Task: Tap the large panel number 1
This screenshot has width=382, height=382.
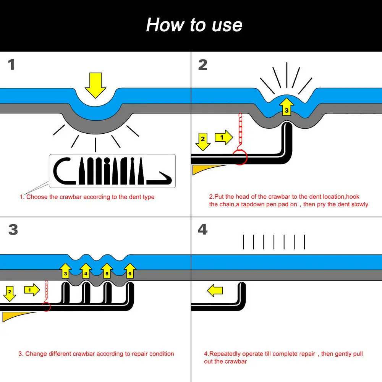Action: pos(11,65)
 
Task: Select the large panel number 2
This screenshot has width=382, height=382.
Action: pos(203,65)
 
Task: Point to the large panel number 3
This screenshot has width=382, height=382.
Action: pos(13,230)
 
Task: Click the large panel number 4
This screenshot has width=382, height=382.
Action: pos(203,230)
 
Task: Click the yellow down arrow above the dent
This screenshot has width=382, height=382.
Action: pos(95,85)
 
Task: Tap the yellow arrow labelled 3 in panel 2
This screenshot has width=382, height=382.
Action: pos(286,107)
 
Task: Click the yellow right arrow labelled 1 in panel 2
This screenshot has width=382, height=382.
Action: pos(223,138)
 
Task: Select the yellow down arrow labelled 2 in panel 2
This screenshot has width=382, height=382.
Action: pos(203,142)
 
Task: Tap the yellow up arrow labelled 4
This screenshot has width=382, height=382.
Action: pos(86,271)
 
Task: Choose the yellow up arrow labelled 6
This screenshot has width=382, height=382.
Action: pos(130,271)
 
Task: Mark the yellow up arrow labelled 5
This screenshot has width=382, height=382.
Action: pos(107,271)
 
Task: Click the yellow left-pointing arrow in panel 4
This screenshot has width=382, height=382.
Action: pos(215,290)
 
